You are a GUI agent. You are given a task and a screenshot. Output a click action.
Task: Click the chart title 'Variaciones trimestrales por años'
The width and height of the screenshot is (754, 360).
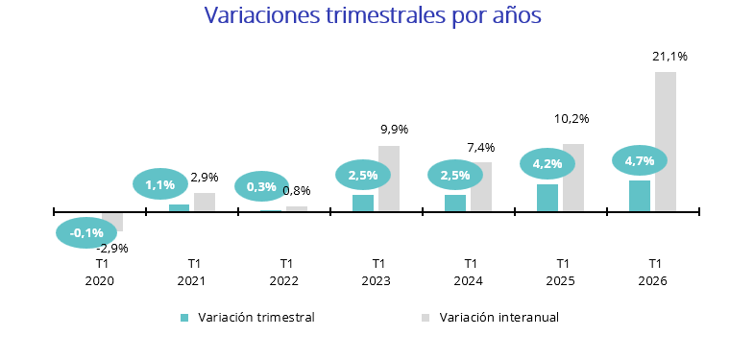coord(373,16)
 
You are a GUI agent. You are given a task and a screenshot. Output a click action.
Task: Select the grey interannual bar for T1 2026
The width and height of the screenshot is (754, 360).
coord(665,141)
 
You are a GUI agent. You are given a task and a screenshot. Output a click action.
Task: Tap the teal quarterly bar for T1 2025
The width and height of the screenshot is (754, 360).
coord(547,198)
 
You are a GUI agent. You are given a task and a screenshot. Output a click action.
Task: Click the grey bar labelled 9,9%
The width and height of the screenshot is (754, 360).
coord(388,179)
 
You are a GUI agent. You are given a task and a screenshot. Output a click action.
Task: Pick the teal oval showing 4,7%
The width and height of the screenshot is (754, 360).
coord(639,160)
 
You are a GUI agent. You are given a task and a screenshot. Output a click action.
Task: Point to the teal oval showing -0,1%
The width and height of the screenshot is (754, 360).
coord(86,232)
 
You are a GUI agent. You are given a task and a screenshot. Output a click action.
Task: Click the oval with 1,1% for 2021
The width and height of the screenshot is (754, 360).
coord(159,184)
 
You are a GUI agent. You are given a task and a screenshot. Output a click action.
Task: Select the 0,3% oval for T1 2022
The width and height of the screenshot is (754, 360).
coord(261,186)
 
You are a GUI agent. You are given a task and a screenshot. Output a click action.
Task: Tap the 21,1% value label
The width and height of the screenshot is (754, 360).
coord(669,57)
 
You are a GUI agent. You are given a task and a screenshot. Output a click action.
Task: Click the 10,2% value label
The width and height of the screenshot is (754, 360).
coord(572,119)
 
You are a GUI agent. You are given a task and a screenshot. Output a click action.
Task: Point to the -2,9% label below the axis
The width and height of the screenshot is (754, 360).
coord(112,248)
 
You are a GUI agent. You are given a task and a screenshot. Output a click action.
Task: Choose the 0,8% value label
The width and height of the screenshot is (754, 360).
coord(297,190)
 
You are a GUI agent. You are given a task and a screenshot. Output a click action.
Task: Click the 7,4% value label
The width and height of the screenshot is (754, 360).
coord(481,147)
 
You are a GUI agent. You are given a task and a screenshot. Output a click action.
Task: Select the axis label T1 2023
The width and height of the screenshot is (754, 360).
coord(377,272)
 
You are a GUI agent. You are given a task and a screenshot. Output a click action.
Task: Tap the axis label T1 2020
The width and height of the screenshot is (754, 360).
coord(100,272)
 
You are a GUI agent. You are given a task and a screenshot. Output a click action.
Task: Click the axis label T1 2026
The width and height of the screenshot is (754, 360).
coord(653,272)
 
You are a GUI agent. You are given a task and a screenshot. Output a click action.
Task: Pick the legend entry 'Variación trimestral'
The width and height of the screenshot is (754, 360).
coord(255,317)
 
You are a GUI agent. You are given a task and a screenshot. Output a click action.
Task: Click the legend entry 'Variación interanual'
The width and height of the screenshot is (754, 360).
coord(498,317)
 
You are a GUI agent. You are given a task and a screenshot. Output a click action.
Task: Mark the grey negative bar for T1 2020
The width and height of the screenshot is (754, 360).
coord(112,222)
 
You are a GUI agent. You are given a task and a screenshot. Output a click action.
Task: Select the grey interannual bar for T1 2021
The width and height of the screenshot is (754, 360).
coord(205,202)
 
